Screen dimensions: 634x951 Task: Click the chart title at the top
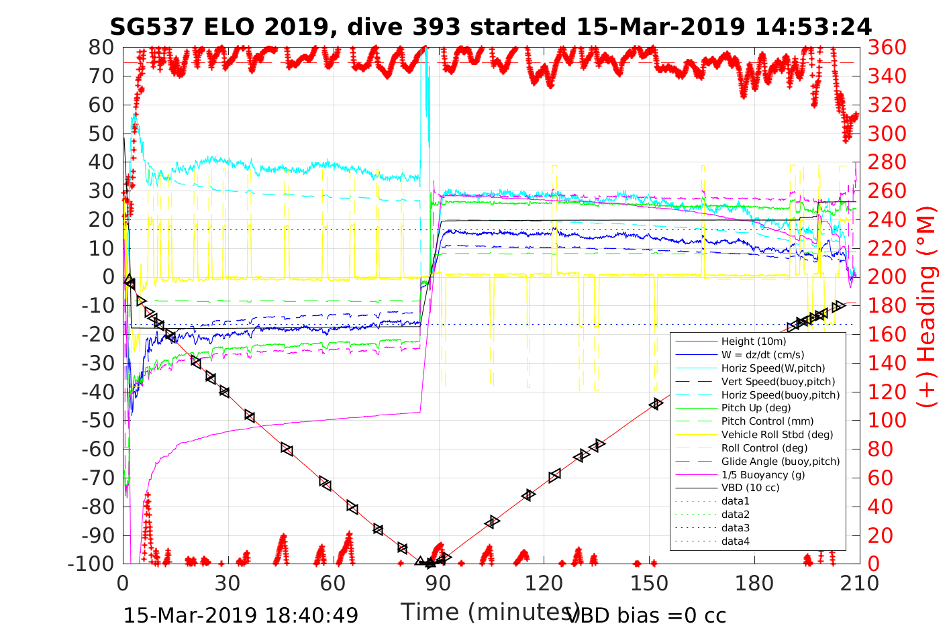[491, 27]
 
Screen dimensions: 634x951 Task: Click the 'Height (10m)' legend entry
[753, 341]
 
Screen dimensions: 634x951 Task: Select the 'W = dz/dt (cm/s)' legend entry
[762, 355]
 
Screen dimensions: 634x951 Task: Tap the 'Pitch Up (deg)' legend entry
[756, 408]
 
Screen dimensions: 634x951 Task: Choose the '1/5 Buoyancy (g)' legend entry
[763, 474]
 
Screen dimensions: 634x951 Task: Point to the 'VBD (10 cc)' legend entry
[750, 488]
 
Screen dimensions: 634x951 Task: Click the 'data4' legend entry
[735, 541]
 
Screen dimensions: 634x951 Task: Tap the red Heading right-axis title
[928, 335]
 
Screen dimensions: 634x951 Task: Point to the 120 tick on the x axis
[544, 583]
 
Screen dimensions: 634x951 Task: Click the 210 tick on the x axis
[860, 583]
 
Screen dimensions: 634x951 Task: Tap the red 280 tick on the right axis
[887, 162]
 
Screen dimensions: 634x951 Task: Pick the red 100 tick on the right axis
[887, 420]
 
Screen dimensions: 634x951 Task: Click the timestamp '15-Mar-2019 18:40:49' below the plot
[241, 615]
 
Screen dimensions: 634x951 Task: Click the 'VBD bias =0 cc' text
[647, 615]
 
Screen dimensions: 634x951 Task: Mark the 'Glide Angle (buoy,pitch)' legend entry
[781, 461]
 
